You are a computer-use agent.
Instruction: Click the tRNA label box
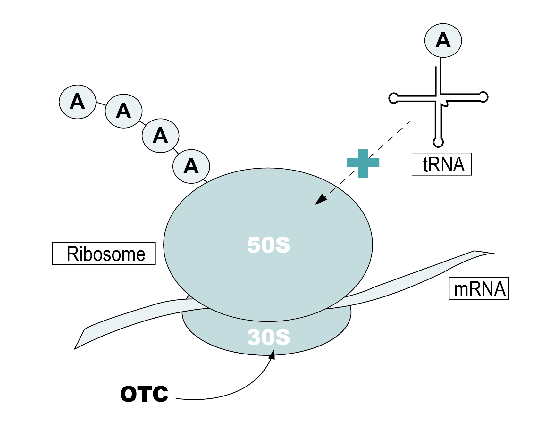[x=441, y=164]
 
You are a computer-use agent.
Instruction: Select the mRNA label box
[x=479, y=288]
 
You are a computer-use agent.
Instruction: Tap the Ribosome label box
[x=104, y=254]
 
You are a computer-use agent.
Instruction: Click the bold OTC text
[x=144, y=394]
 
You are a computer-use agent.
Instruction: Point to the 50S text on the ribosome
[x=268, y=245]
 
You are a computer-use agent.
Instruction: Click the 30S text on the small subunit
[x=268, y=337]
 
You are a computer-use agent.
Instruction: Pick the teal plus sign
[x=363, y=163]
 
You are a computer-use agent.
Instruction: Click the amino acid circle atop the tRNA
[x=443, y=40]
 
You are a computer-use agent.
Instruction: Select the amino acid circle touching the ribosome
[x=191, y=166]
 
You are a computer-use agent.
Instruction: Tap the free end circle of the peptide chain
[x=78, y=102]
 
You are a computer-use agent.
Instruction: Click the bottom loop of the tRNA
[x=438, y=142]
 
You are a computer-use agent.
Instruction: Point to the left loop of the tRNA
[x=393, y=98]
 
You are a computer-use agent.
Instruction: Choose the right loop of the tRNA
[x=483, y=96]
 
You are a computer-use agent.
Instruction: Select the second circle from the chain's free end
[x=124, y=111]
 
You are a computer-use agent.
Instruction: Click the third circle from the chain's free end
[x=161, y=136]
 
